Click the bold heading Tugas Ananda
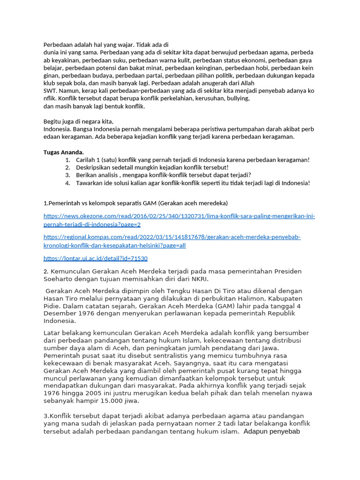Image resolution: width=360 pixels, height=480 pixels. click(x=63, y=152)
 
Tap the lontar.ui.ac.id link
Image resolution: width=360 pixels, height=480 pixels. click(x=96, y=258)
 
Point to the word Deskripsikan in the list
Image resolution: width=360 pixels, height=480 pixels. click(x=94, y=167)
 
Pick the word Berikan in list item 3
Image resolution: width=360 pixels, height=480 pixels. click(x=87, y=175)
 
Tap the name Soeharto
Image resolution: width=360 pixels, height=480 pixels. click(x=59, y=279)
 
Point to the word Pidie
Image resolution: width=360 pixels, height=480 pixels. click(x=52, y=306)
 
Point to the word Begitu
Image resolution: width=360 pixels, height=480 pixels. click(x=53, y=121)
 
